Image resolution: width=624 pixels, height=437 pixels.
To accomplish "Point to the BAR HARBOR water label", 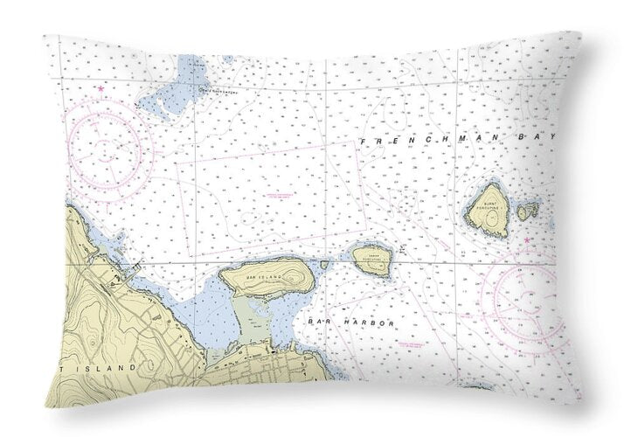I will (351, 323).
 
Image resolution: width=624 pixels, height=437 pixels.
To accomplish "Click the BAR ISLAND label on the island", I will (264, 277).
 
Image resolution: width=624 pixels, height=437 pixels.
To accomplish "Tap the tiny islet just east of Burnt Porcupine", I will (527, 211).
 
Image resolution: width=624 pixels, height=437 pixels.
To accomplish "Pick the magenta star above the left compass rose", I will (101, 89).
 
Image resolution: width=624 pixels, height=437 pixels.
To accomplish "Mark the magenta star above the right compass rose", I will (527, 235).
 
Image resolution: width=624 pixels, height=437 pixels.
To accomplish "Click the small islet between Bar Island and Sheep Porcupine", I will (324, 264).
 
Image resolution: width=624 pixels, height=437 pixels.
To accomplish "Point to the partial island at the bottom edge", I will (475, 385).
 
